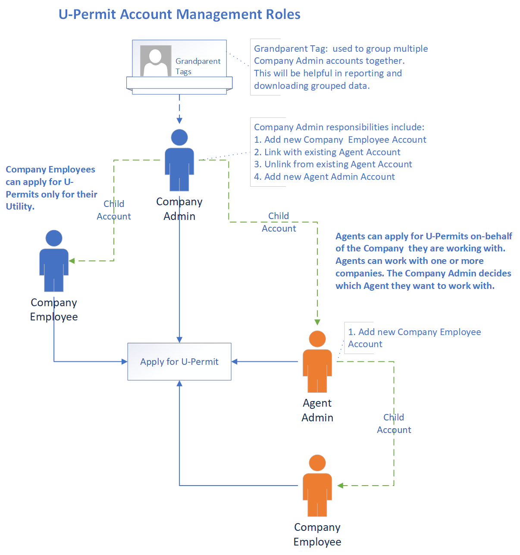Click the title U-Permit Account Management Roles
pyautogui.click(x=179, y=14)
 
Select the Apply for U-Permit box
pyautogui.click(x=179, y=361)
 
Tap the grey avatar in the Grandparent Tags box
pyautogui.click(x=155, y=61)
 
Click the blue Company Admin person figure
pyautogui.click(x=179, y=160)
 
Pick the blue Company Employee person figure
pyautogui.click(x=54, y=261)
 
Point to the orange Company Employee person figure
pyautogui.click(x=317, y=486)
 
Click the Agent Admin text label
pyautogui.click(x=317, y=410)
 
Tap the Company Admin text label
pyautogui.click(x=179, y=209)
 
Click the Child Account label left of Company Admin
pyautogui.click(x=114, y=210)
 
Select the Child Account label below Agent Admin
pyautogui.click(x=394, y=423)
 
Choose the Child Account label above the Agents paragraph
pyautogui.click(x=279, y=222)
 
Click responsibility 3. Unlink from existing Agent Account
pyautogui.click(x=333, y=164)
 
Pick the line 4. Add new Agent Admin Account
pyautogui.click(x=324, y=177)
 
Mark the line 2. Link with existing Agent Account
pyautogui.click(x=327, y=152)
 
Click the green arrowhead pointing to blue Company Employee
pyautogui.click(x=72, y=261)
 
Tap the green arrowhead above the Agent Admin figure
pyautogui.click(x=317, y=322)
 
